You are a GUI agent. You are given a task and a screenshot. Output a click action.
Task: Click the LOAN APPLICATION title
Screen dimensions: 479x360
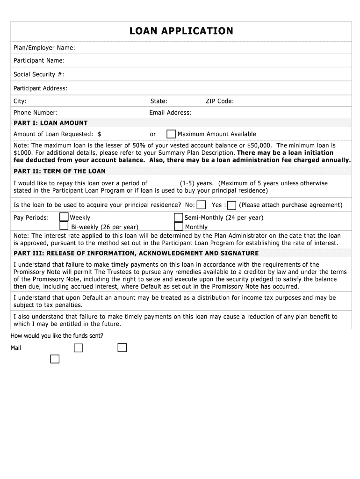click(x=181, y=31)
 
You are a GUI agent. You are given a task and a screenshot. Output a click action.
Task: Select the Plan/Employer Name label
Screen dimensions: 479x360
click(x=44, y=48)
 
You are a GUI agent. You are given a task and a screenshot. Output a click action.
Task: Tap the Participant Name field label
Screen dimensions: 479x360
click(x=39, y=61)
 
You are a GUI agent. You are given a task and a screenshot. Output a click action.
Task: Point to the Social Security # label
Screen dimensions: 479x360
click(x=38, y=74)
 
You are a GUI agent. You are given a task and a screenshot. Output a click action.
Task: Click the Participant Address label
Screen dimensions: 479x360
click(x=40, y=88)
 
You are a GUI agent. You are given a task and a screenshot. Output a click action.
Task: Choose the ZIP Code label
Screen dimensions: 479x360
click(x=220, y=101)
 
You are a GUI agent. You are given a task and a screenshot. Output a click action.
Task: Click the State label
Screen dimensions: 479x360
click(x=159, y=101)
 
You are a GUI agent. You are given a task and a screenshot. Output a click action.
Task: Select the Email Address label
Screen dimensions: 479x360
click(x=170, y=113)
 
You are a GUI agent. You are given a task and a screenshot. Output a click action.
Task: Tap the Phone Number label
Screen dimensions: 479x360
click(x=36, y=113)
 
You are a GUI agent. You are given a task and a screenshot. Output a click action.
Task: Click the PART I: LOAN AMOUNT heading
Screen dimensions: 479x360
click(x=50, y=123)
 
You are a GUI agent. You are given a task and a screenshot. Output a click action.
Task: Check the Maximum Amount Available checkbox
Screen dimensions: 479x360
click(x=171, y=134)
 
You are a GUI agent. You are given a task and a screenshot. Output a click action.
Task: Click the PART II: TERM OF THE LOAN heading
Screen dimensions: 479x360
click(x=59, y=171)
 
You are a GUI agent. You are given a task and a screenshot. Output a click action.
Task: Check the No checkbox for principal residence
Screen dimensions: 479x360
click(x=201, y=205)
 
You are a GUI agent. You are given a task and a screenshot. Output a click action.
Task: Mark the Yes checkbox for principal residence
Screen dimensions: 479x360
click(x=231, y=205)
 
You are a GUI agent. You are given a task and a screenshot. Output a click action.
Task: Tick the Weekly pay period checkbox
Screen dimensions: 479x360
click(x=64, y=217)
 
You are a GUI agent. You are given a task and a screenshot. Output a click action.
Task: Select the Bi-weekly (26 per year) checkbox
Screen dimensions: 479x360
click(x=64, y=226)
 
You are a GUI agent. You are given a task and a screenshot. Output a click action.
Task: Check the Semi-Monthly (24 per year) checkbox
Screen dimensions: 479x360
click(x=178, y=217)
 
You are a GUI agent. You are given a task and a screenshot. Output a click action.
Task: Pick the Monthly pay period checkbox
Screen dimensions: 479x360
click(x=178, y=226)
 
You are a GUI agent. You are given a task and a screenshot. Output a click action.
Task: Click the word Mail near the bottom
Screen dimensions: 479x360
click(x=16, y=348)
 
